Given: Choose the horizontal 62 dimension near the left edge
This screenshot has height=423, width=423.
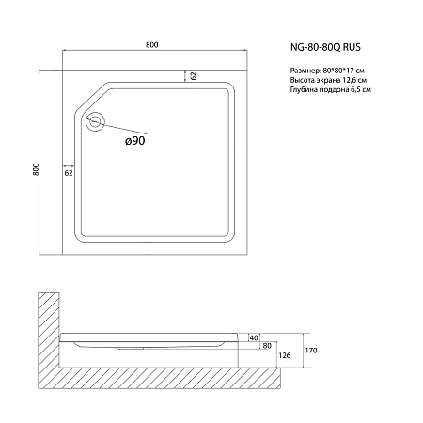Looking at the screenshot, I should coord(70,174).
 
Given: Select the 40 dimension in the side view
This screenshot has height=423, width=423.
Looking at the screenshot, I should coord(255,337).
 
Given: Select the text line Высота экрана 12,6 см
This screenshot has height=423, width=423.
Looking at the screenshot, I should coord(322,81).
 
